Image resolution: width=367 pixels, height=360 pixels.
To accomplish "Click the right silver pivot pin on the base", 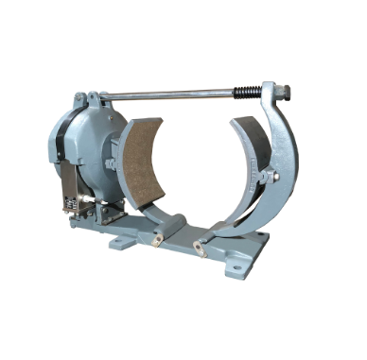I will [198, 246].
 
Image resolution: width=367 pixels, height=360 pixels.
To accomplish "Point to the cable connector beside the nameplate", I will [91, 201].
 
